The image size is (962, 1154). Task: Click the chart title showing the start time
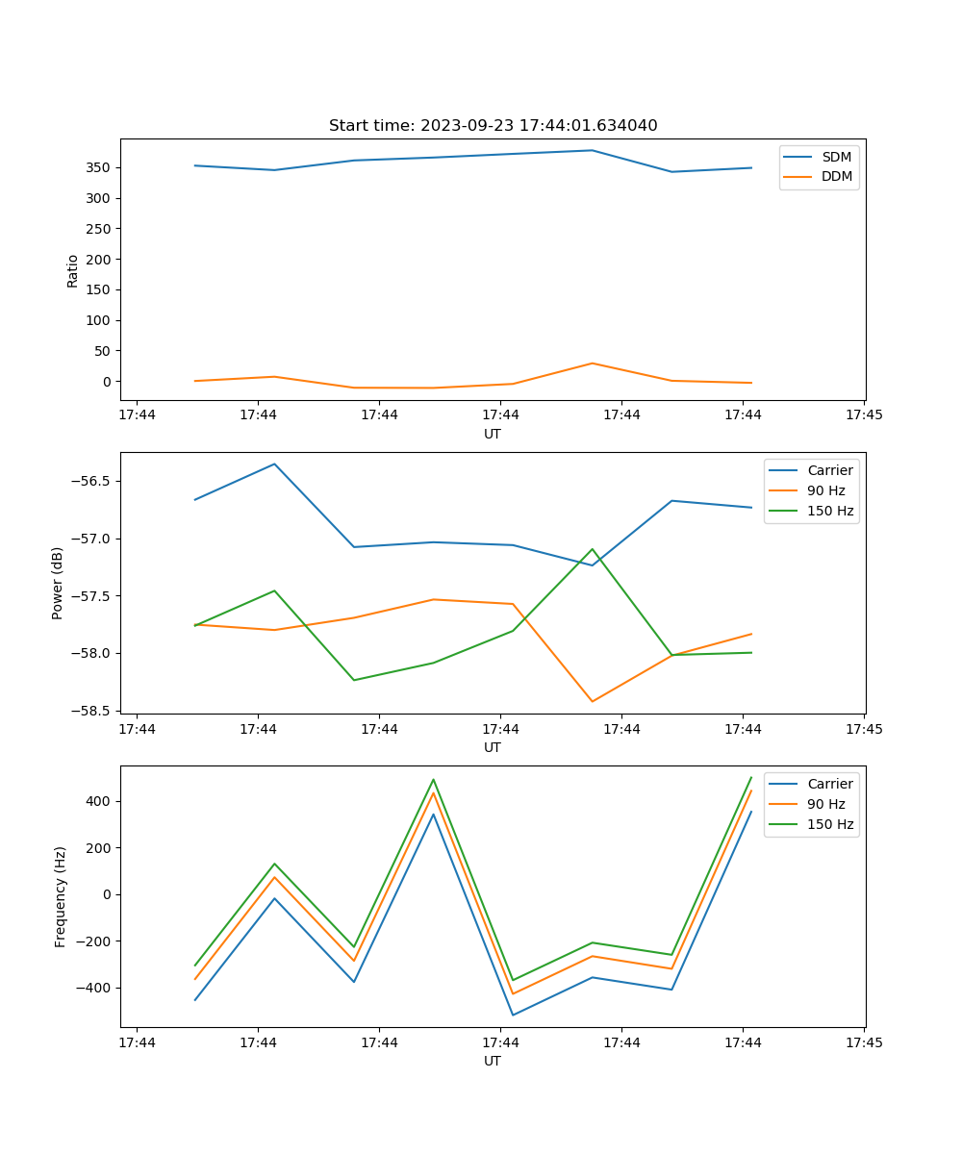pyautogui.click(x=493, y=126)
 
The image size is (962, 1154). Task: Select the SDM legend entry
pyautogui.click(x=836, y=157)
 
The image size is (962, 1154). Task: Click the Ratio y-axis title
pyautogui.click(x=73, y=271)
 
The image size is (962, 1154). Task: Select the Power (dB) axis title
pyautogui.click(x=58, y=583)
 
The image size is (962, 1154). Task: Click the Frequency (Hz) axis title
pyautogui.click(x=61, y=897)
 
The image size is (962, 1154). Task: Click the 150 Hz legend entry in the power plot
pyautogui.click(x=830, y=511)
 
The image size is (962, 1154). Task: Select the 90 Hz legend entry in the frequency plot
pyautogui.click(x=826, y=804)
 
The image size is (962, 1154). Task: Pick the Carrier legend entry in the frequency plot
pyautogui.click(x=829, y=784)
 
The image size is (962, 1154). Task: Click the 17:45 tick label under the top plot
pyautogui.click(x=864, y=415)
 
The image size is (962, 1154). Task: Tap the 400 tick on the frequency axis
pyautogui.click(x=100, y=801)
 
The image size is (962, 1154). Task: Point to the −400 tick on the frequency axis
pyautogui.click(x=96, y=988)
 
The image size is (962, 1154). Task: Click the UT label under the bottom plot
pyautogui.click(x=493, y=1061)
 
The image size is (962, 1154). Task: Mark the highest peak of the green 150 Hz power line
pyautogui.click(x=592, y=549)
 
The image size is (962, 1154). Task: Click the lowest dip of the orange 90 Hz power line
pyautogui.click(x=592, y=701)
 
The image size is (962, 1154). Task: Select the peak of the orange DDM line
pyautogui.click(x=592, y=364)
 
